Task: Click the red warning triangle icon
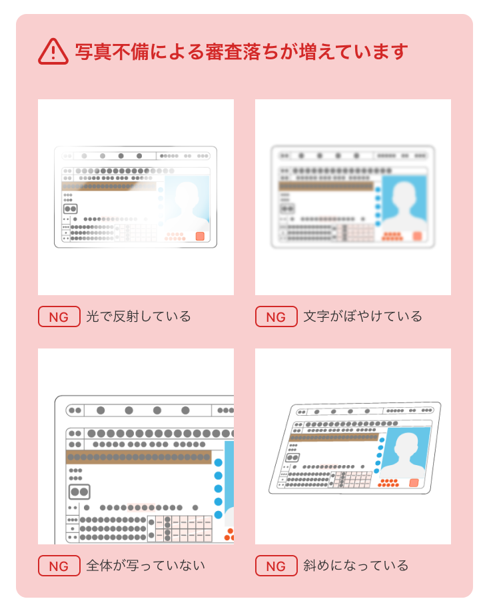click(x=53, y=51)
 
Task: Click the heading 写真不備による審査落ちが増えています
click(x=241, y=51)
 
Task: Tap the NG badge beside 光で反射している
click(x=59, y=316)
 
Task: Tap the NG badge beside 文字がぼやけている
click(x=276, y=316)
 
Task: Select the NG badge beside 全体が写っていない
click(x=59, y=566)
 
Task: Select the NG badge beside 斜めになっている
click(x=276, y=566)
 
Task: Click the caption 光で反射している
click(x=139, y=316)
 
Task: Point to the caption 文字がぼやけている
click(x=362, y=316)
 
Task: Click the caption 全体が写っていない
click(x=145, y=566)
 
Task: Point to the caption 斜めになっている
click(x=356, y=566)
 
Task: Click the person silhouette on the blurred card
click(x=404, y=204)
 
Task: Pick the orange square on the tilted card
click(x=414, y=483)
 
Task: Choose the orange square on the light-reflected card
click(x=200, y=237)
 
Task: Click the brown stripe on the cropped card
click(x=139, y=457)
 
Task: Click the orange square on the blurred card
click(x=418, y=236)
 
